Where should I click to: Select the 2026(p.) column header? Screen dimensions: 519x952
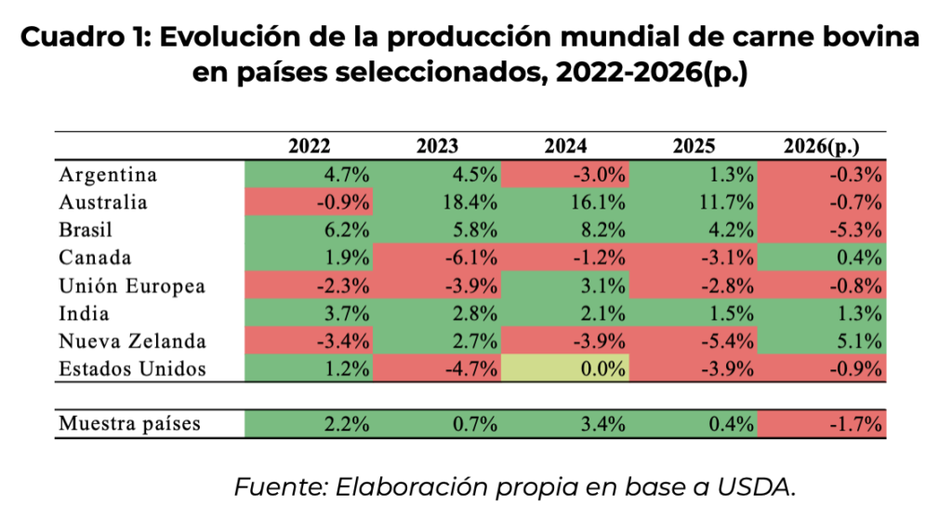click(x=822, y=146)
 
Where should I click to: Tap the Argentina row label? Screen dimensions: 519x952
click(x=108, y=175)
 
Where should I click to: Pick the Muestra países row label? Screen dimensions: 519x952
click(x=128, y=425)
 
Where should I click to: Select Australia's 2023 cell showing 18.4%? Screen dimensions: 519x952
click(x=437, y=202)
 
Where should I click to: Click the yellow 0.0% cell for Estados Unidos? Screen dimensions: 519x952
click(x=565, y=369)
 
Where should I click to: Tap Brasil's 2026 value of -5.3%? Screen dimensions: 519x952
click(x=822, y=230)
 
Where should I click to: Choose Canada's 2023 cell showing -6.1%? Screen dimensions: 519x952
click(x=437, y=258)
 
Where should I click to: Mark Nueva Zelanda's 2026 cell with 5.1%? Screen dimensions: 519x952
click(x=822, y=341)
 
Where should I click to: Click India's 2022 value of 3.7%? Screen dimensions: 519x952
click(x=309, y=313)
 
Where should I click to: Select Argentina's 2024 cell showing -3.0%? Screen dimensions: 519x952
click(x=565, y=175)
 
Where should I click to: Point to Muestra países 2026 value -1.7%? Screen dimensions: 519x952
click(x=822, y=425)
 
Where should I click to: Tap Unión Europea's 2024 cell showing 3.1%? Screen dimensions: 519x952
click(x=565, y=286)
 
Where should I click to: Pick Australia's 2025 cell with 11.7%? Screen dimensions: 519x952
click(x=694, y=202)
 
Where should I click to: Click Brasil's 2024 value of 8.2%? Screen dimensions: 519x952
click(x=565, y=230)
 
